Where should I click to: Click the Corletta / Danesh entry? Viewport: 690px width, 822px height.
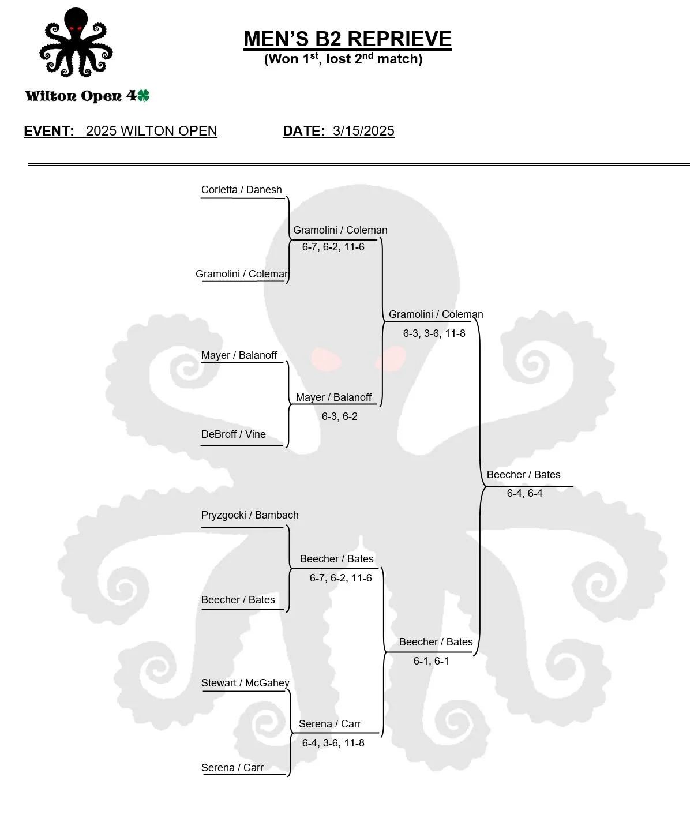(241, 190)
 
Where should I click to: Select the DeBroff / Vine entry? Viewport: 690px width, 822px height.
(233, 434)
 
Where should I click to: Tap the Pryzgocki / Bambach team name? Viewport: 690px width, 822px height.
(250, 515)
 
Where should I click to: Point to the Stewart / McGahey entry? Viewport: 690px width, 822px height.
(245, 683)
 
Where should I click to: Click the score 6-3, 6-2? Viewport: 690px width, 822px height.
(339, 416)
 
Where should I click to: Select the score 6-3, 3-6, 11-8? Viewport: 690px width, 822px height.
(434, 333)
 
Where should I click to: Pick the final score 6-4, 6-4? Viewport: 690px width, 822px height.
(524, 493)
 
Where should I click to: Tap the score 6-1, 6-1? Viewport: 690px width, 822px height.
(431, 661)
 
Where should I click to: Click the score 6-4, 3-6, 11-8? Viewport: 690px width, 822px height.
(333, 743)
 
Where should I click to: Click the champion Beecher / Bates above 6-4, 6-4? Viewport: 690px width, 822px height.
(523, 475)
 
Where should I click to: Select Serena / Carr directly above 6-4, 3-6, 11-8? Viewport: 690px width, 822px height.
(329, 724)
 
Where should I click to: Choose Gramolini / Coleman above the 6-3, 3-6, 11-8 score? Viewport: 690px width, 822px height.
(436, 314)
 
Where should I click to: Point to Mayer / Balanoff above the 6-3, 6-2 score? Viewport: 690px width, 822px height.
(333, 397)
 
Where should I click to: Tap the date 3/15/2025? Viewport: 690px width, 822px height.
(363, 131)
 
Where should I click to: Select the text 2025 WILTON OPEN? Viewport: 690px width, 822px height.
(151, 131)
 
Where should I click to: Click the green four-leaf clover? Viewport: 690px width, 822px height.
(143, 96)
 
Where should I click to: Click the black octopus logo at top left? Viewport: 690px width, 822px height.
(76, 43)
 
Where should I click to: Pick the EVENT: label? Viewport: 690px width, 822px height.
(49, 131)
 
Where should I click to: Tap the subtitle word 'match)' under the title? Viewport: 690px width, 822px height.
(400, 59)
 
